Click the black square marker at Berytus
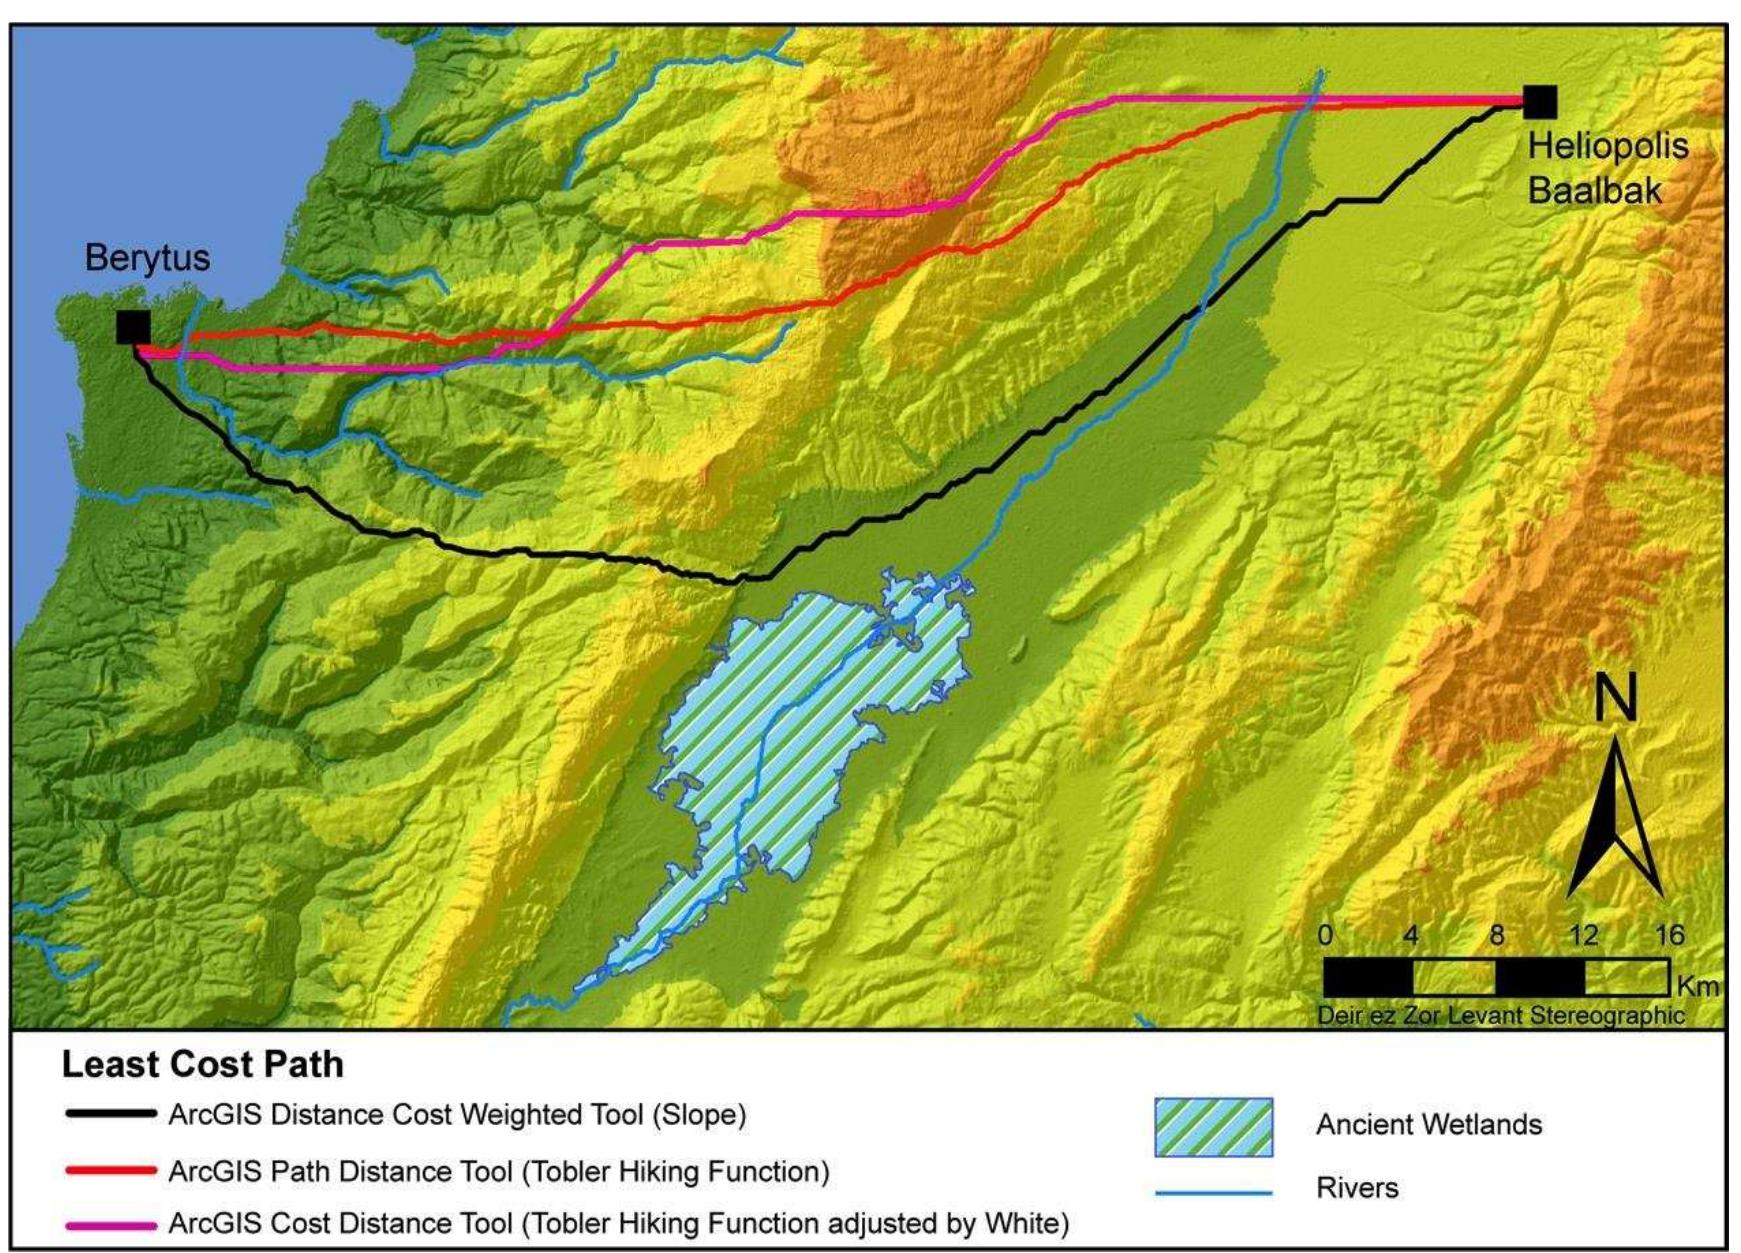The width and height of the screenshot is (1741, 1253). pos(133,327)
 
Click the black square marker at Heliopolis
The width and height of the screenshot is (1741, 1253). pos(1540,101)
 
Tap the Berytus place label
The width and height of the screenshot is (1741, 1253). pos(147,258)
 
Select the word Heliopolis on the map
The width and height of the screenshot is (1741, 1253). pos(1608,146)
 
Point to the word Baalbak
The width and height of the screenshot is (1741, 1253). pos(1594,190)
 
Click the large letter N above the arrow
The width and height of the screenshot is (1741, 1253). pos(1615,697)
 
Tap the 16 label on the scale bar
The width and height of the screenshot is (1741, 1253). pos(1669,935)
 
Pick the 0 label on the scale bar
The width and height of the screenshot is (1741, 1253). pos(1325,935)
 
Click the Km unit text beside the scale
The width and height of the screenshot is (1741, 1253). pos(1697,986)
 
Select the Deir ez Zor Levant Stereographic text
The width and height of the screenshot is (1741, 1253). pos(1500,1016)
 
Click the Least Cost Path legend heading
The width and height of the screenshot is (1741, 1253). pos(202,1065)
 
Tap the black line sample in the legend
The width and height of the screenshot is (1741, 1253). pos(110,1114)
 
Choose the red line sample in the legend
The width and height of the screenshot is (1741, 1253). pos(110,1170)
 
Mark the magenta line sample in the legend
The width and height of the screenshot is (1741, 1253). pos(110,1224)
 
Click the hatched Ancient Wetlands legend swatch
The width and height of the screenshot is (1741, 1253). pos(1213,1127)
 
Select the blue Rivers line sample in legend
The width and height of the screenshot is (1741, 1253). pos(1213,1191)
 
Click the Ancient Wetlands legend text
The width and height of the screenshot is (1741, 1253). pos(1428,1125)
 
